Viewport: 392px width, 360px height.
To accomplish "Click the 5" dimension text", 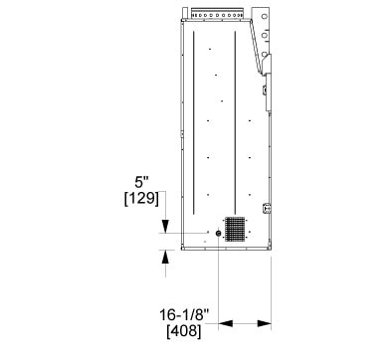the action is coord(141,182).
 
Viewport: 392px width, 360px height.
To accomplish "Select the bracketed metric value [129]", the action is coord(141,199).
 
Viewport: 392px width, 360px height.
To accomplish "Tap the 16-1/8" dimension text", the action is coord(184,314).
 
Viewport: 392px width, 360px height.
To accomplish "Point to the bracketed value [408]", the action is coord(184,331).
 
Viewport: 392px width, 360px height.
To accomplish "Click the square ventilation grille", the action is coord(235,229).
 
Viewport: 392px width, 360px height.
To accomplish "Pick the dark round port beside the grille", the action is coord(218,234).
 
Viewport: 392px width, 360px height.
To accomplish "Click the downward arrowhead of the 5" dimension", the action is coord(165,226).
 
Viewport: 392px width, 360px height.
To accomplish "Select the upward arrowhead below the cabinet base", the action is coord(165,257).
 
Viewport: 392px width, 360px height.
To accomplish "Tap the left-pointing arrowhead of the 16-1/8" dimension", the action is coord(226,323).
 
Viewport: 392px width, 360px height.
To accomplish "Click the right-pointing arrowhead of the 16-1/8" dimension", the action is coord(264,323).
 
